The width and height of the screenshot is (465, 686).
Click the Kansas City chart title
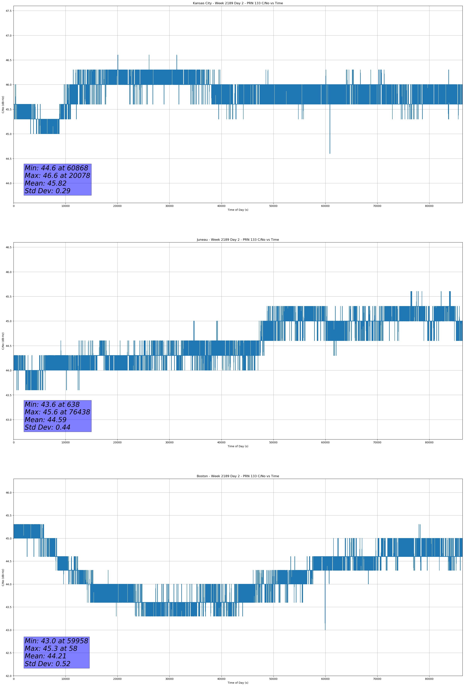point(238,3)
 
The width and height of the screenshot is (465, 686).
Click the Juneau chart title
point(238,240)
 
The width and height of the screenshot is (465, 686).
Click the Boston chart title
point(238,476)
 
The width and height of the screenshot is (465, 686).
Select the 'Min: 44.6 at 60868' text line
point(56,168)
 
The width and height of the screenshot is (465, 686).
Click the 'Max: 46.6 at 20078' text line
point(57,176)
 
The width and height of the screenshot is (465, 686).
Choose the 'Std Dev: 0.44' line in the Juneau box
point(48,427)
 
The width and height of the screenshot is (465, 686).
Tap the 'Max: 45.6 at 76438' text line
point(57,412)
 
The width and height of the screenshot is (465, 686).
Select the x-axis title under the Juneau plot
point(238,446)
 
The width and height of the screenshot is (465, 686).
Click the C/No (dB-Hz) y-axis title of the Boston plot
point(3,577)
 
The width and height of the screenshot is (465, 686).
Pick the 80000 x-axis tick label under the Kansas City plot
point(429,206)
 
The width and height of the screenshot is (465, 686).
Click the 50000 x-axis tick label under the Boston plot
point(273,679)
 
